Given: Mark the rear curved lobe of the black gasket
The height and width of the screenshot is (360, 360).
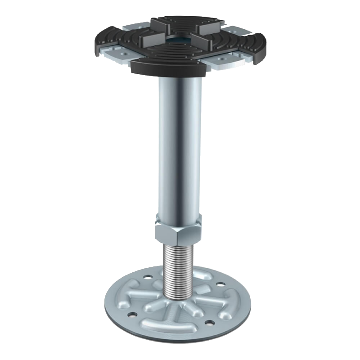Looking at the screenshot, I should click(x=189, y=20).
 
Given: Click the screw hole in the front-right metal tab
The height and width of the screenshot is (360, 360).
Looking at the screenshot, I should click(x=220, y=59).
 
